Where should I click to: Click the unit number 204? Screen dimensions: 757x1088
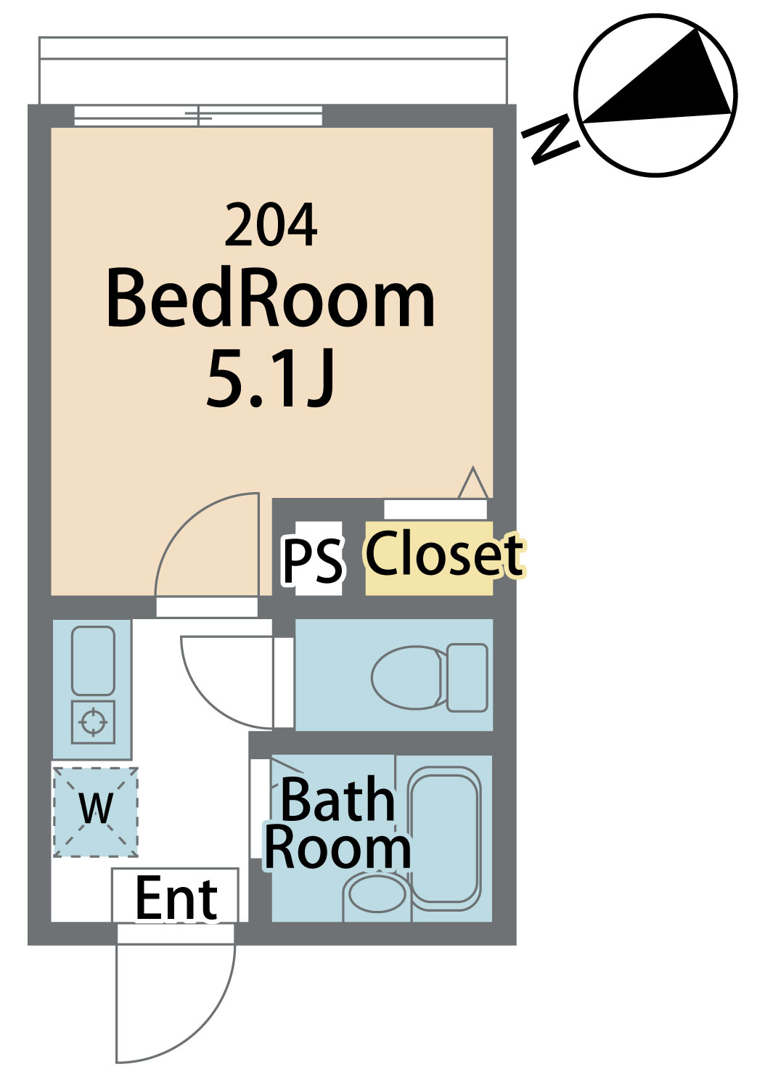pyautogui.click(x=271, y=225)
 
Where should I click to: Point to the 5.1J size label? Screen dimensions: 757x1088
pyautogui.click(x=271, y=378)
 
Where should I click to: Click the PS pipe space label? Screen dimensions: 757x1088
pyautogui.click(x=313, y=561)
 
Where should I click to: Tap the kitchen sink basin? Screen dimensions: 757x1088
pyautogui.click(x=93, y=660)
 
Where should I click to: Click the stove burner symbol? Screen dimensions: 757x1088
pyautogui.click(x=93, y=721)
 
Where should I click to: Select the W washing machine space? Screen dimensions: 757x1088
pyautogui.click(x=96, y=809)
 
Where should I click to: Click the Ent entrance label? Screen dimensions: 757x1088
pyautogui.click(x=176, y=899)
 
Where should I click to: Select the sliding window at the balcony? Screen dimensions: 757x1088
pyautogui.click(x=198, y=115)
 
